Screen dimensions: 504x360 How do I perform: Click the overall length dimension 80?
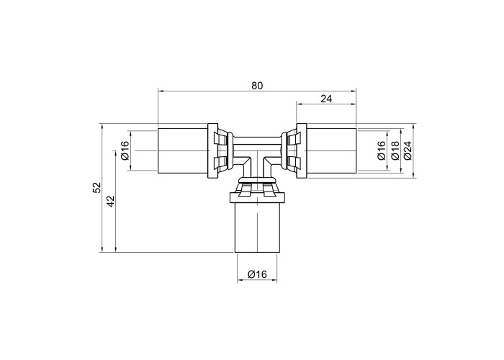[x=257, y=86]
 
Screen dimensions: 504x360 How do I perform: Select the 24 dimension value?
[x=326, y=99]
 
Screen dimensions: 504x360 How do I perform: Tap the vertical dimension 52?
[x=97, y=187]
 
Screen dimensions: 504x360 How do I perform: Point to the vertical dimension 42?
[x=111, y=201]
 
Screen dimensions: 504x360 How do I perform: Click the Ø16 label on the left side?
[x=125, y=150]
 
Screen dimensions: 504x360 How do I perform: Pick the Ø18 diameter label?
[x=395, y=150]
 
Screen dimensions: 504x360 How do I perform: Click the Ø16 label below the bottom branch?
[x=257, y=274]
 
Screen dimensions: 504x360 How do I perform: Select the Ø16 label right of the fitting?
[x=382, y=150]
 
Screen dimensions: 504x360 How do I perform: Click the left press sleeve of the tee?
[x=183, y=150]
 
